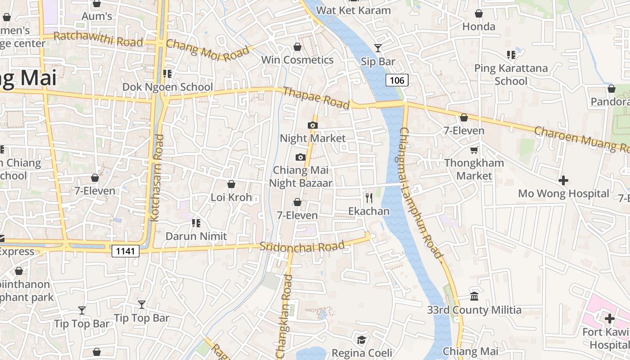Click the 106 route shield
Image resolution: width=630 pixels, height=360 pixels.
coord(397,81)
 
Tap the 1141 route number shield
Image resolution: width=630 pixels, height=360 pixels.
coord(125,251)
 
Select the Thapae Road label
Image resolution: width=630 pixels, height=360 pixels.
coord(315,98)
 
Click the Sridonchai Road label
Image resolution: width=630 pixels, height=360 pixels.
coord(302,247)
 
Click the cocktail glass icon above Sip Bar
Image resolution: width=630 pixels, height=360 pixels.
coord(378,48)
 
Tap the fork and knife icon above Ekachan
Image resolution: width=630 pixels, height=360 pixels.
coord(369,198)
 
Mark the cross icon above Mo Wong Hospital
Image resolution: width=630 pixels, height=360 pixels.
coord(563,180)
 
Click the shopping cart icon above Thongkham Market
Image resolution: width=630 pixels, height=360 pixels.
coord(474,150)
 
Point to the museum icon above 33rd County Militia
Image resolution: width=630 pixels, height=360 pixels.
coord(474,296)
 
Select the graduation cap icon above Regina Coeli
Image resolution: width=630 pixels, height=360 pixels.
coord(361,339)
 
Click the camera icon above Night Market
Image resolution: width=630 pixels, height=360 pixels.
coord(312,125)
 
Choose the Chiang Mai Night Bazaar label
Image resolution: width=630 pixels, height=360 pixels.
coord(301,177)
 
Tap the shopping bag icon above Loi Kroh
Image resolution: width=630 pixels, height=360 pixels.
coord(231,184)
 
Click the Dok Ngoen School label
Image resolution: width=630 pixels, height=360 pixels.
coord(168,87)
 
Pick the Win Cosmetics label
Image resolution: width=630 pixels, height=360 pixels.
coord(297,60)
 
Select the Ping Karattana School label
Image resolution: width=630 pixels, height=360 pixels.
coord(511,75)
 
